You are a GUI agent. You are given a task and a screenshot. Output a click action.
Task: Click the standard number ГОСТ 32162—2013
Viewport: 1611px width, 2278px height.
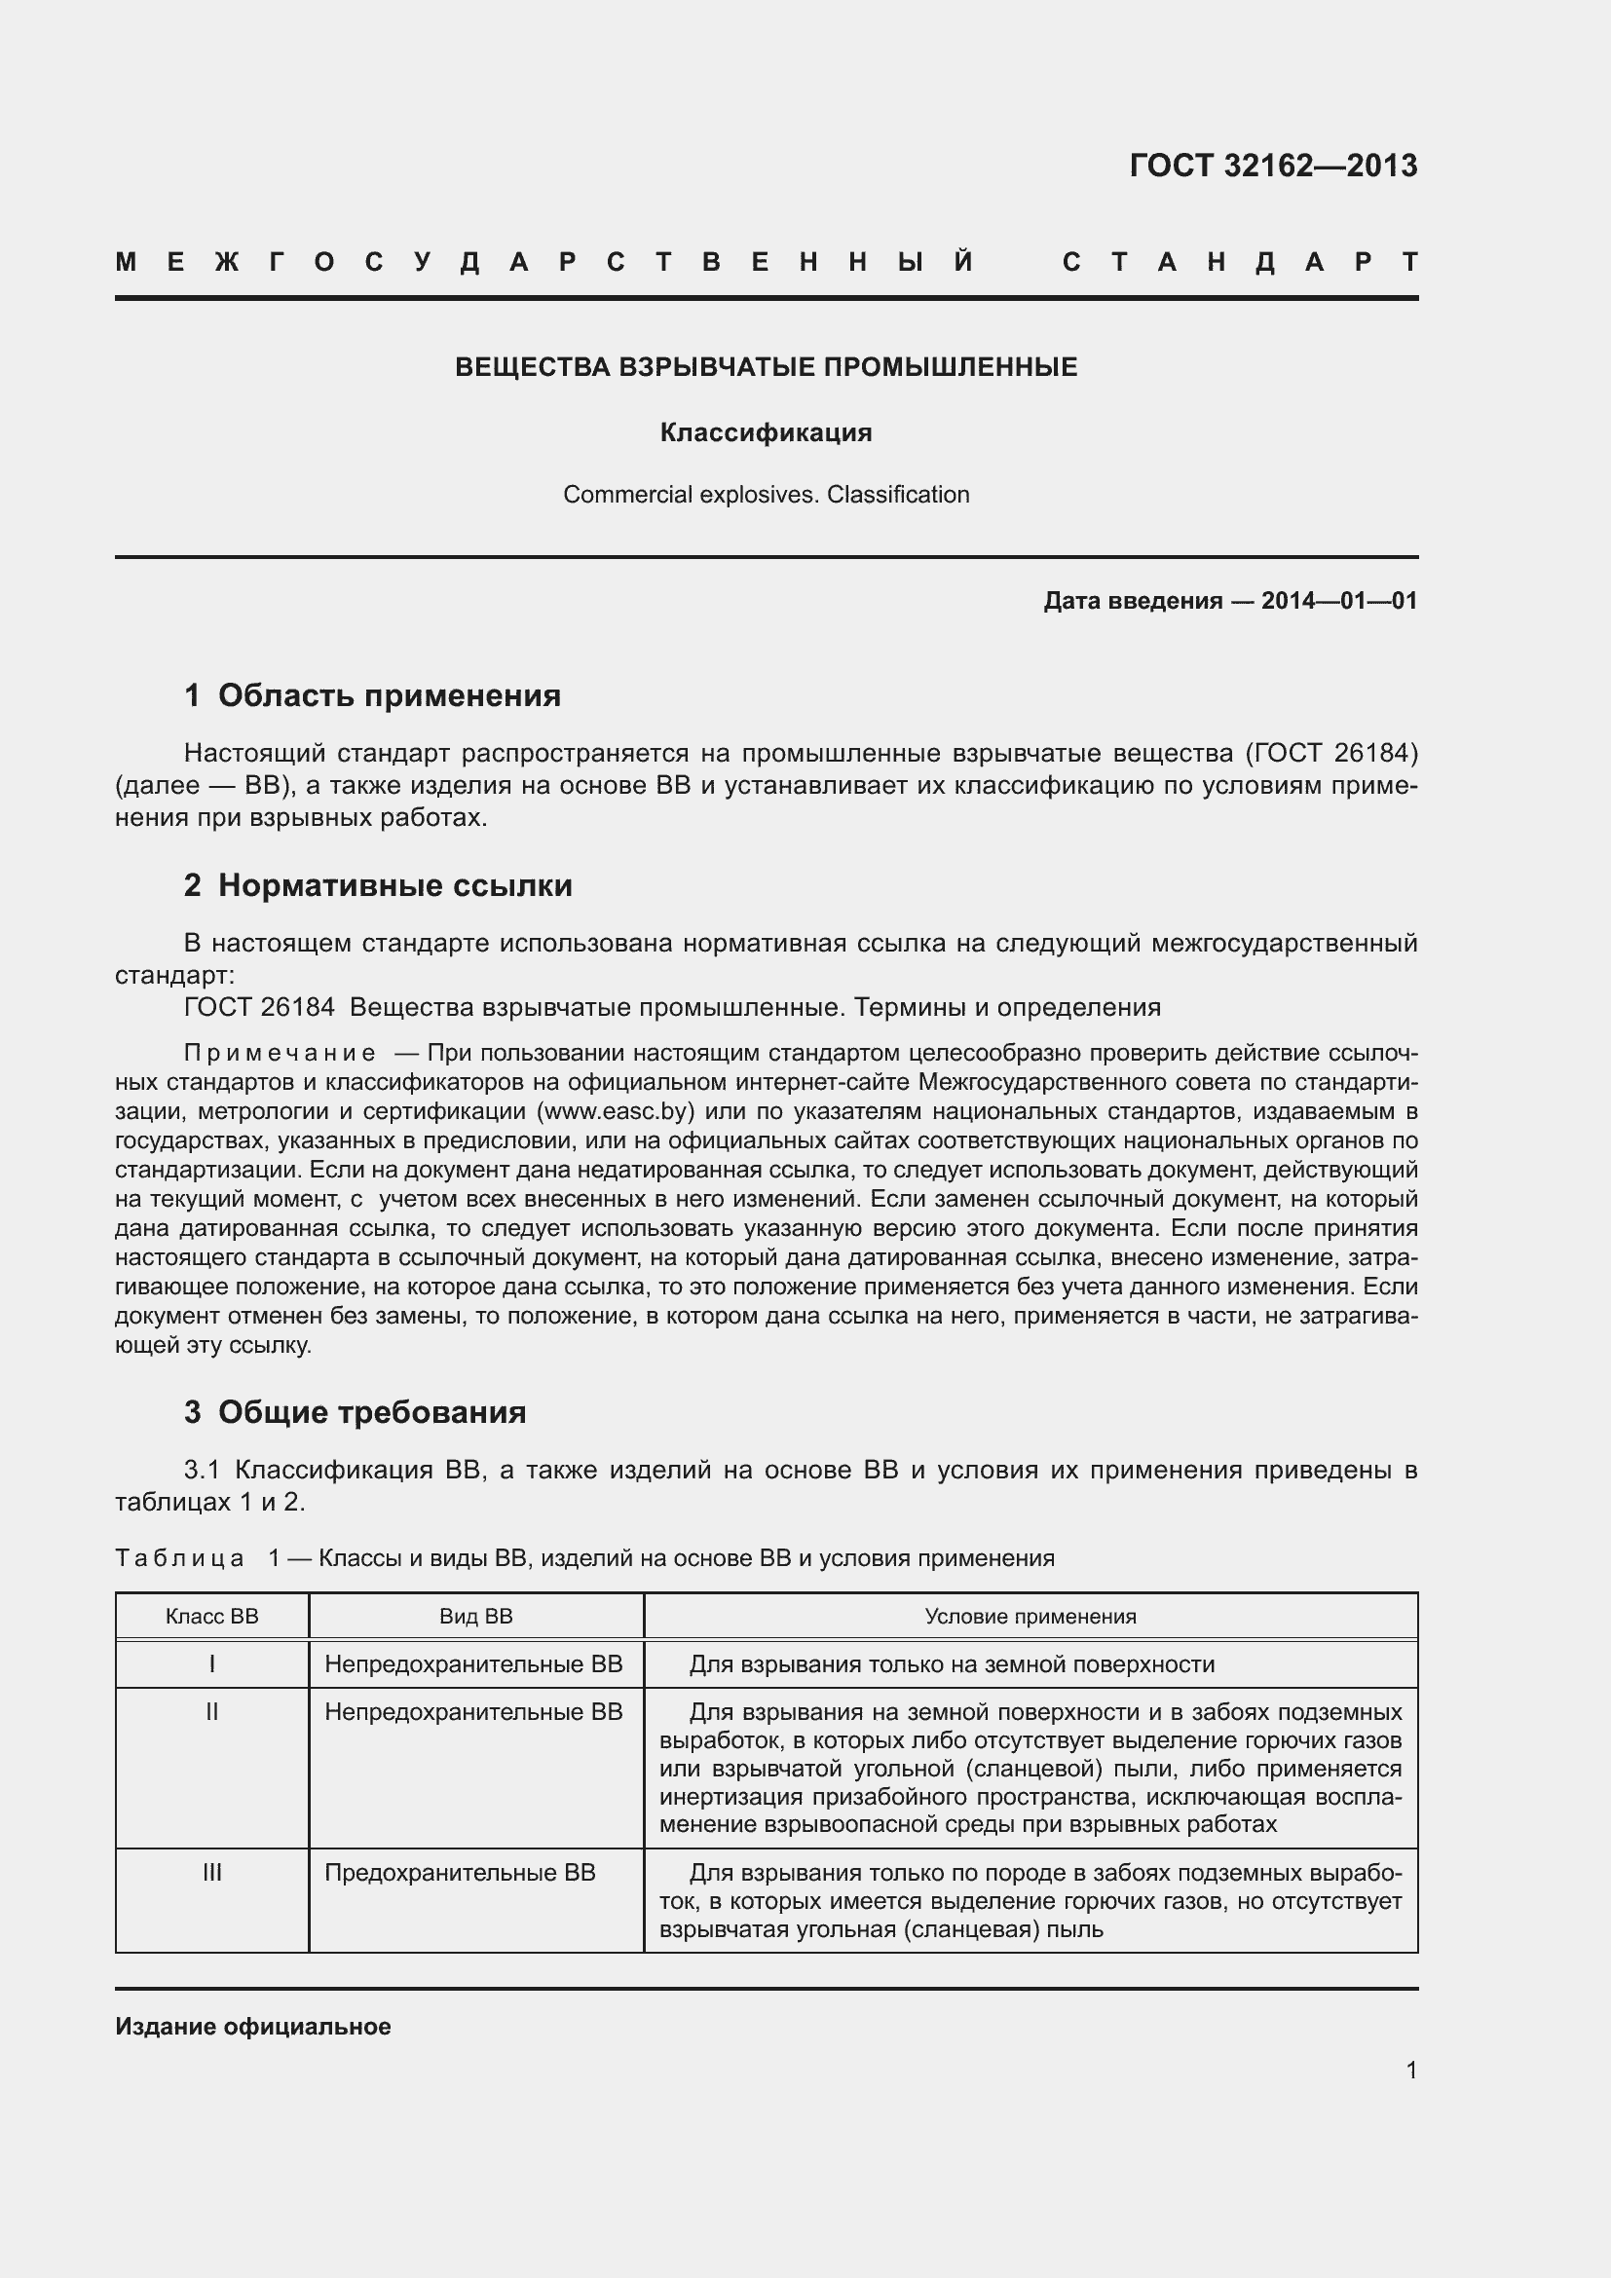(1273, 165)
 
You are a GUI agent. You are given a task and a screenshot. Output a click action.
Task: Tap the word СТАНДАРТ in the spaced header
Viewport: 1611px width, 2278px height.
(1240, 262)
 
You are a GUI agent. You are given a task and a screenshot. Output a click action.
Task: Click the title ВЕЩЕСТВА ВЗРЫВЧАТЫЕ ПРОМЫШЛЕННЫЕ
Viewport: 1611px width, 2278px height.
(766, 367)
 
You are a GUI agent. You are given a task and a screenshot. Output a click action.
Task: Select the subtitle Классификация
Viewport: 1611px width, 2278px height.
(766, 432)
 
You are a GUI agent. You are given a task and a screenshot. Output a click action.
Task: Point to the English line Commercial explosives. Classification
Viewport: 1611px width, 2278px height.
(766, 494)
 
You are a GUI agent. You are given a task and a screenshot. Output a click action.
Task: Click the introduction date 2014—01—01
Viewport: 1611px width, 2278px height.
(1338, 600)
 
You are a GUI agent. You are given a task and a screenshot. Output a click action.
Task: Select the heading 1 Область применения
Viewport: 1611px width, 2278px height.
(372, 695)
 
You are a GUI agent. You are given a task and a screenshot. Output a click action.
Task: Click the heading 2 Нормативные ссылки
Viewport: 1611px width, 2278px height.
(378, 885)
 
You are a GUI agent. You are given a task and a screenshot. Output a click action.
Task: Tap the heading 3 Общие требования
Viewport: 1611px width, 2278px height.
(356, 1412)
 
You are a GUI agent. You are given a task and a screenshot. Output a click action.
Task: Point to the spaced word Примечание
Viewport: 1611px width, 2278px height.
(280, 1053)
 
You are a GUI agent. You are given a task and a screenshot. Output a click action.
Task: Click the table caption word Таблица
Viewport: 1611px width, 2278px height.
(179, 1557)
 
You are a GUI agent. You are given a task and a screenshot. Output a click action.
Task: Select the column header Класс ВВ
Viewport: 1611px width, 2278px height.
(211, 1617)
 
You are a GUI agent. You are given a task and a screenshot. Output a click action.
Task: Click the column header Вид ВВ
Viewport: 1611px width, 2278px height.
(476, 1617)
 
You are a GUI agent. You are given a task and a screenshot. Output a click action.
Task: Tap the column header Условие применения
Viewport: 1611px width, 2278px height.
(1030, 1617)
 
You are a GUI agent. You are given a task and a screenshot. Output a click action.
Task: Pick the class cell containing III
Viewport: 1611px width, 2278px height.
(211, 1872)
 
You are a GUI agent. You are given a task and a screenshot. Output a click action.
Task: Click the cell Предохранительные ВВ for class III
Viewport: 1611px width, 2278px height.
(460, 1872)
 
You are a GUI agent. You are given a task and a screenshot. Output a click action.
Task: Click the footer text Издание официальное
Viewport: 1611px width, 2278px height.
(253, 2026)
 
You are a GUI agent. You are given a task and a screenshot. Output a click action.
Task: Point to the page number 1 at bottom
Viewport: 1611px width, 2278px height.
(1410, 2071)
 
